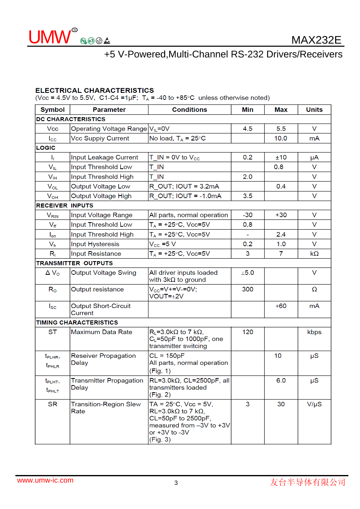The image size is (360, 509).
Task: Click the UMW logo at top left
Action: point(50,37)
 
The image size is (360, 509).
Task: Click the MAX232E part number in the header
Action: point(316,40)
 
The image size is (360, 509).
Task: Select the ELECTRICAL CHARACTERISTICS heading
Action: point(95,90)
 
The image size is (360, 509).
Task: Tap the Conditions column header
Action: point(190,110)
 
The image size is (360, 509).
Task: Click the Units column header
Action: point(314,110)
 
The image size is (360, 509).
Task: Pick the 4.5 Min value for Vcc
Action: point(248,129)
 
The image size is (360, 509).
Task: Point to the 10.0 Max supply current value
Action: point(281,138)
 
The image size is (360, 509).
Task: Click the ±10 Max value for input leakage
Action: point(281,158)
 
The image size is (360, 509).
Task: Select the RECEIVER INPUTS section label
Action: point(65,206)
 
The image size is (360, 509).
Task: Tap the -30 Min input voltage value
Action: point(248,215)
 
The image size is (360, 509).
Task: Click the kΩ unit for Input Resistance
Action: point(314,254)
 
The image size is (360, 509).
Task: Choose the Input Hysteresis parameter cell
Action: point(95,244)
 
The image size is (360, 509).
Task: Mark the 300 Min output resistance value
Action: point(248,289)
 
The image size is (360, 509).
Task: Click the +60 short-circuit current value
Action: point(281,306)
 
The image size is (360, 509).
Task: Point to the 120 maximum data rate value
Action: point(248,332)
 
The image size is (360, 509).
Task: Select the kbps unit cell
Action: point(314,332)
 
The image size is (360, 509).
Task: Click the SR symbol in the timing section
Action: point(53,404)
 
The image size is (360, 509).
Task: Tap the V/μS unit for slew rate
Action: point(314,404)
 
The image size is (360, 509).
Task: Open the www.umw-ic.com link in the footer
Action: point(45,480)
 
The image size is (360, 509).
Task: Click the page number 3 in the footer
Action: point(176,483)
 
